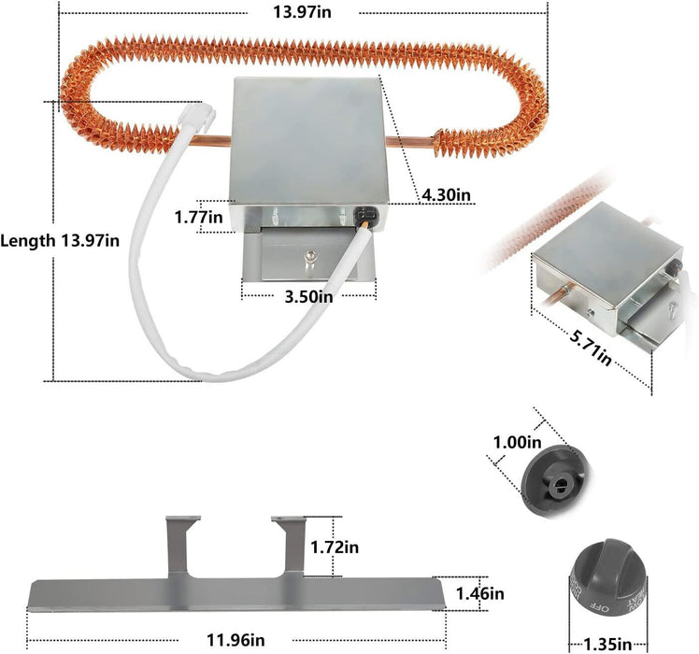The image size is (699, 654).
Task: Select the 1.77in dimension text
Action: [x=198, y=218]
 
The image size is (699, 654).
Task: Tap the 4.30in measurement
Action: [x=447, y=194]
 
